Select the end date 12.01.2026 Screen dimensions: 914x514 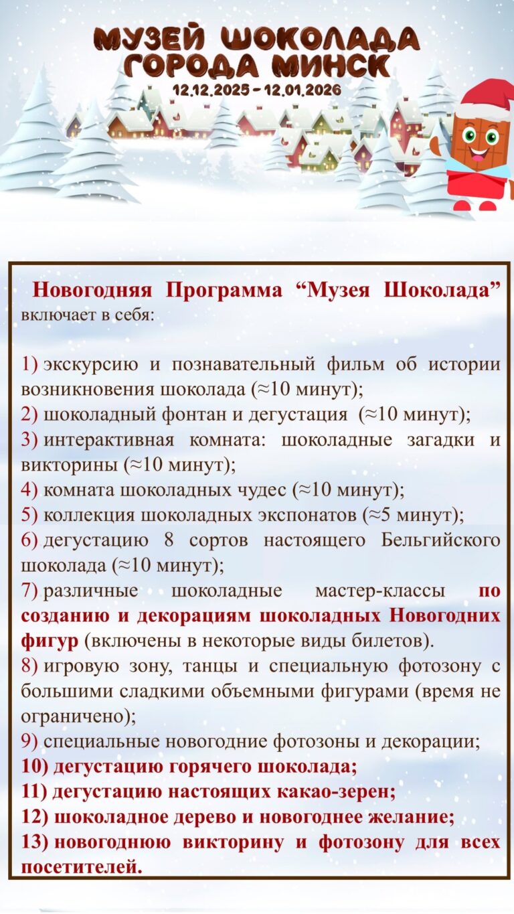(x=304, y=88)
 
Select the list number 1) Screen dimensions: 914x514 (x=29, y=365)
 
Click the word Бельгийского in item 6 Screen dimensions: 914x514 (x=440, y=540)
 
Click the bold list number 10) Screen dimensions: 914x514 (x=33, y=766)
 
